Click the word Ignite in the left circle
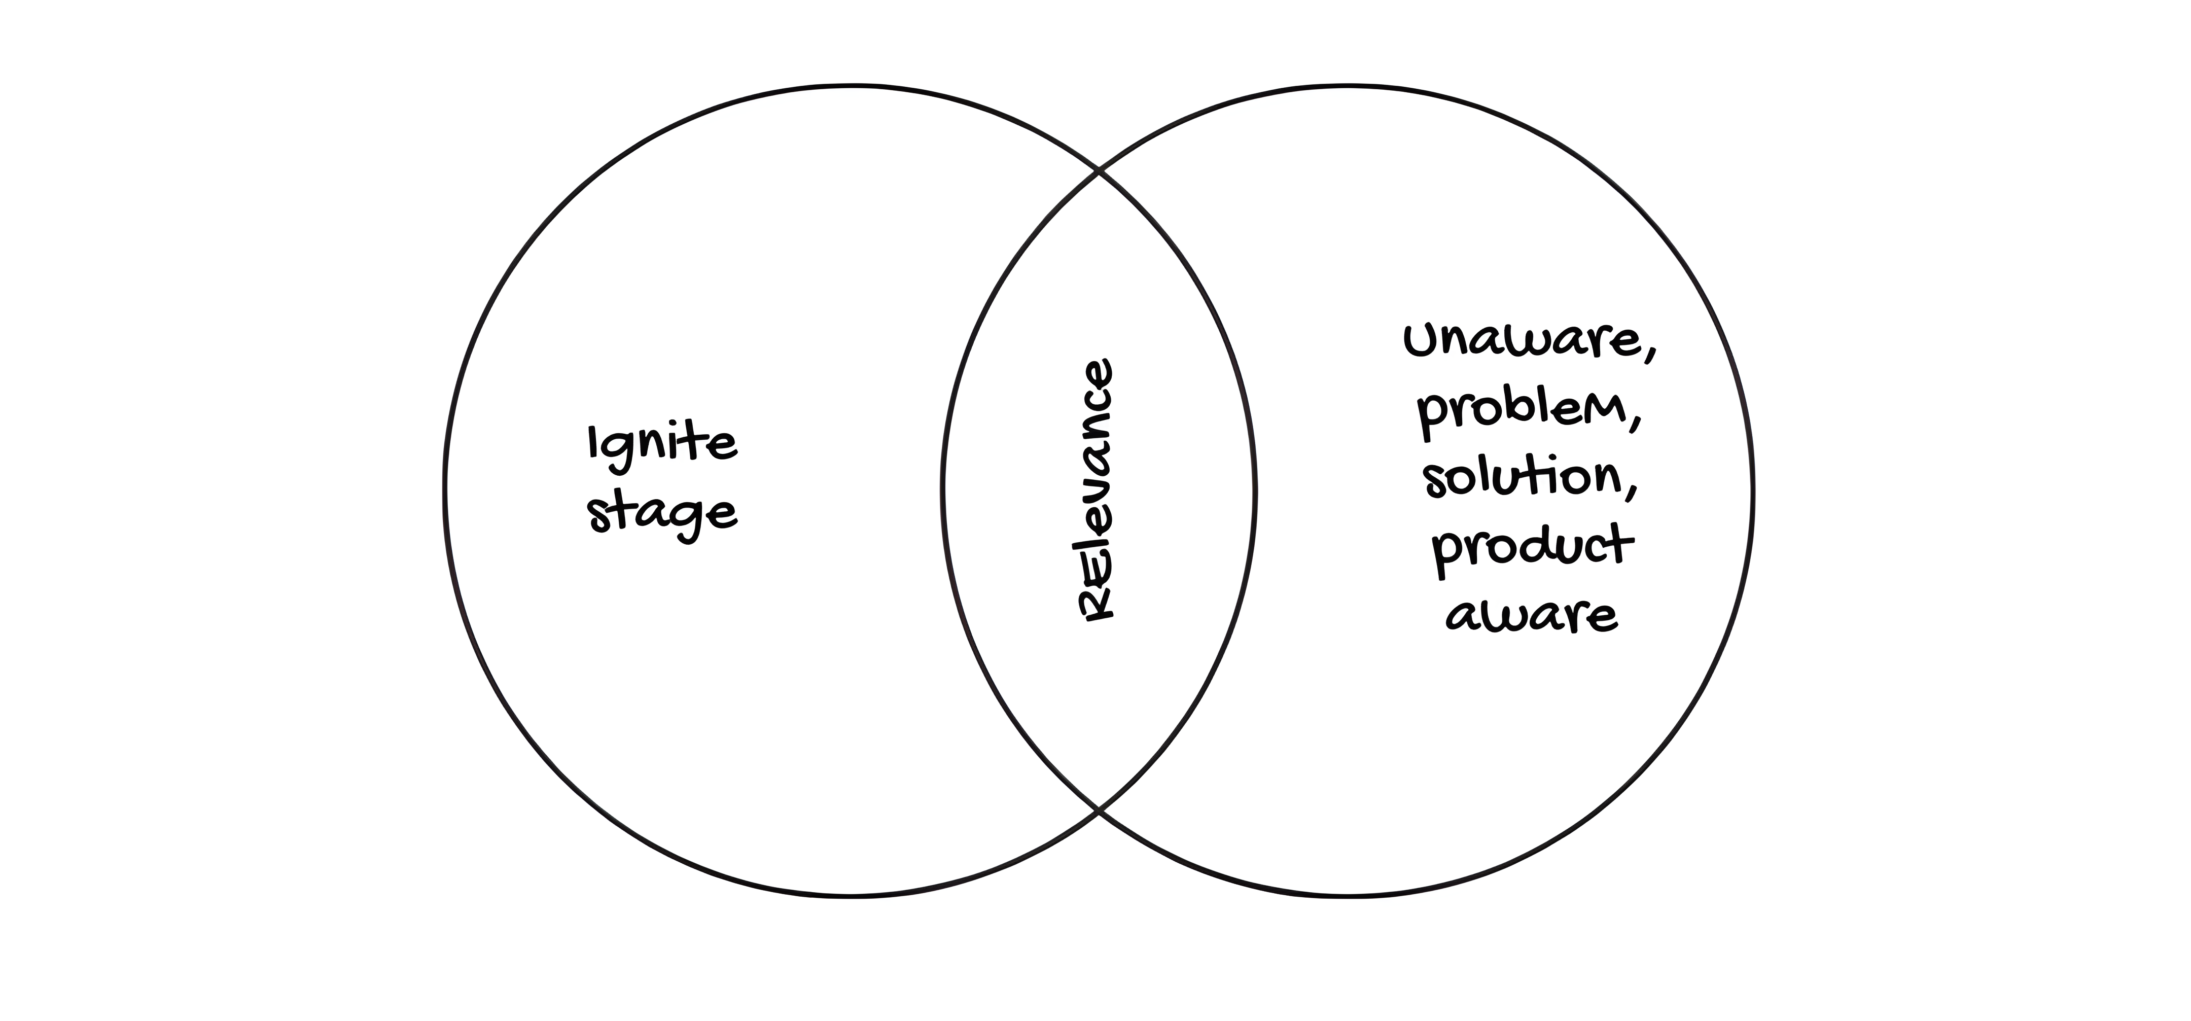click(662, 444)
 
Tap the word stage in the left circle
click(662, 513)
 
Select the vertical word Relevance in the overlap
click(1095, 490)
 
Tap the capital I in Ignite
click(593, 442)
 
